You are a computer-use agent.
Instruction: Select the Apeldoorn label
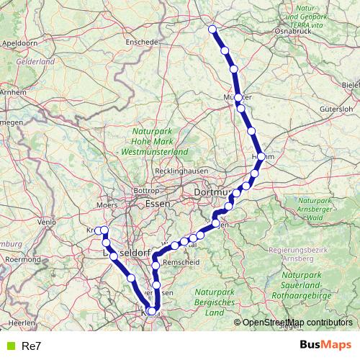pyautogui.click(x=19, y=43)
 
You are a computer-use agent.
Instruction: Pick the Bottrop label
pyautogui.click(x=146, y=191)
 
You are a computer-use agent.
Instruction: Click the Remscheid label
pyautogui.click(x=182, y=264)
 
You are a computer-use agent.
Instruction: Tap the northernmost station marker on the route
pyautogui.click(x=212, y=29)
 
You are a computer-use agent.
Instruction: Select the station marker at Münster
pyautogui.click(x=238, y=97)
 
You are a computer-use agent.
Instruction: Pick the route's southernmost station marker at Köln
pyautogui.click(x=151, y=311)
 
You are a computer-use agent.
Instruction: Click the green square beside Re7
pyautogui.click(x=9, y=346)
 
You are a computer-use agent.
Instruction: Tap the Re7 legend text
pyautogui.click(x=32, y=346)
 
